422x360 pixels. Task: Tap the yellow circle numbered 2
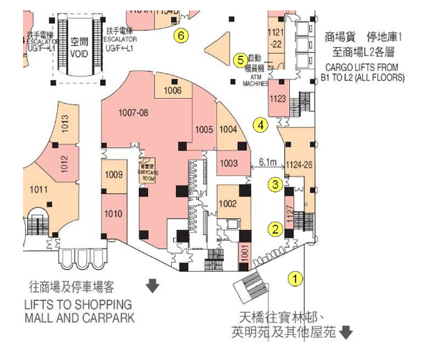click(x=276, y=229)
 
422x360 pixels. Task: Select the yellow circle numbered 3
click(x=276, y=184)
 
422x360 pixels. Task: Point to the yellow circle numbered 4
click(x=260, y=126)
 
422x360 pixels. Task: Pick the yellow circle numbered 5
click(x=241, y=60)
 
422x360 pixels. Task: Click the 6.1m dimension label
click(x=268, y=162)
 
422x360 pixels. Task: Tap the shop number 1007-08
click(x=133, y=112)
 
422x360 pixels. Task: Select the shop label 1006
click(x=172, y=91)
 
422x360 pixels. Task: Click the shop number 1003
click(x=229, y=163)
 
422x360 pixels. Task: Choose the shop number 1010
click(x=113, y=213)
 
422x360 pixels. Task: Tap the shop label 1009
click(x=113, y=175)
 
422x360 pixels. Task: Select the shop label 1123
click(x=277, y=99)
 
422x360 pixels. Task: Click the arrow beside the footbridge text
click(x=346, y=333)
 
